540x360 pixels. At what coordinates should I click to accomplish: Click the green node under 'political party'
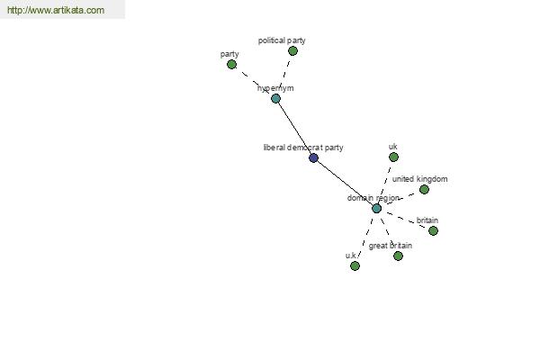point(292,51)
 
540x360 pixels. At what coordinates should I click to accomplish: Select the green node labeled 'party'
point(232,65)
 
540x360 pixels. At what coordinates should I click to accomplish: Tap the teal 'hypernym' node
point(276,99)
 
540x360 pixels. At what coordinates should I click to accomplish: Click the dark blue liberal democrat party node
point(313,158)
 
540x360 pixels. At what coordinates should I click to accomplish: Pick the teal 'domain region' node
point(377,209)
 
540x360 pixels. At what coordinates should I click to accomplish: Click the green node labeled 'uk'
point(393,157)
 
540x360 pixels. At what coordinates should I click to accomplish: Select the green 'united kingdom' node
point(424,190)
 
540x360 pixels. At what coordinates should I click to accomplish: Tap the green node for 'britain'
point(433,230)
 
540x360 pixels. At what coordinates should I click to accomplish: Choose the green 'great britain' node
point(398,256)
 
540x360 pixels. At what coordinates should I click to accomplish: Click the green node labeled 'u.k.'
point(355,266)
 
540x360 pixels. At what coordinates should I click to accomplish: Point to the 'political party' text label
point(282,40)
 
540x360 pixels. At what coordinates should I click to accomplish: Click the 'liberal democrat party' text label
point(303,148)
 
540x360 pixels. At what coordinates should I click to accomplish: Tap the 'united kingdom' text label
point(419,179)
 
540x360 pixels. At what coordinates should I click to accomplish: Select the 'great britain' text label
point(391,246)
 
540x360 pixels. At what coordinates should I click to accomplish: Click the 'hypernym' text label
point(275,88)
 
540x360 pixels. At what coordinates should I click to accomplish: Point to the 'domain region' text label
point(373,198)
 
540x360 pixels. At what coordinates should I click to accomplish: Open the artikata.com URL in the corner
point(56,10)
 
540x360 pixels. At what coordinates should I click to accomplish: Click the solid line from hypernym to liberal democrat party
point(294,129)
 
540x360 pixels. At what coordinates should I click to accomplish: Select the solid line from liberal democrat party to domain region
point(345,184)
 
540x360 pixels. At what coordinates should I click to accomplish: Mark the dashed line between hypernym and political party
point(284,74)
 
